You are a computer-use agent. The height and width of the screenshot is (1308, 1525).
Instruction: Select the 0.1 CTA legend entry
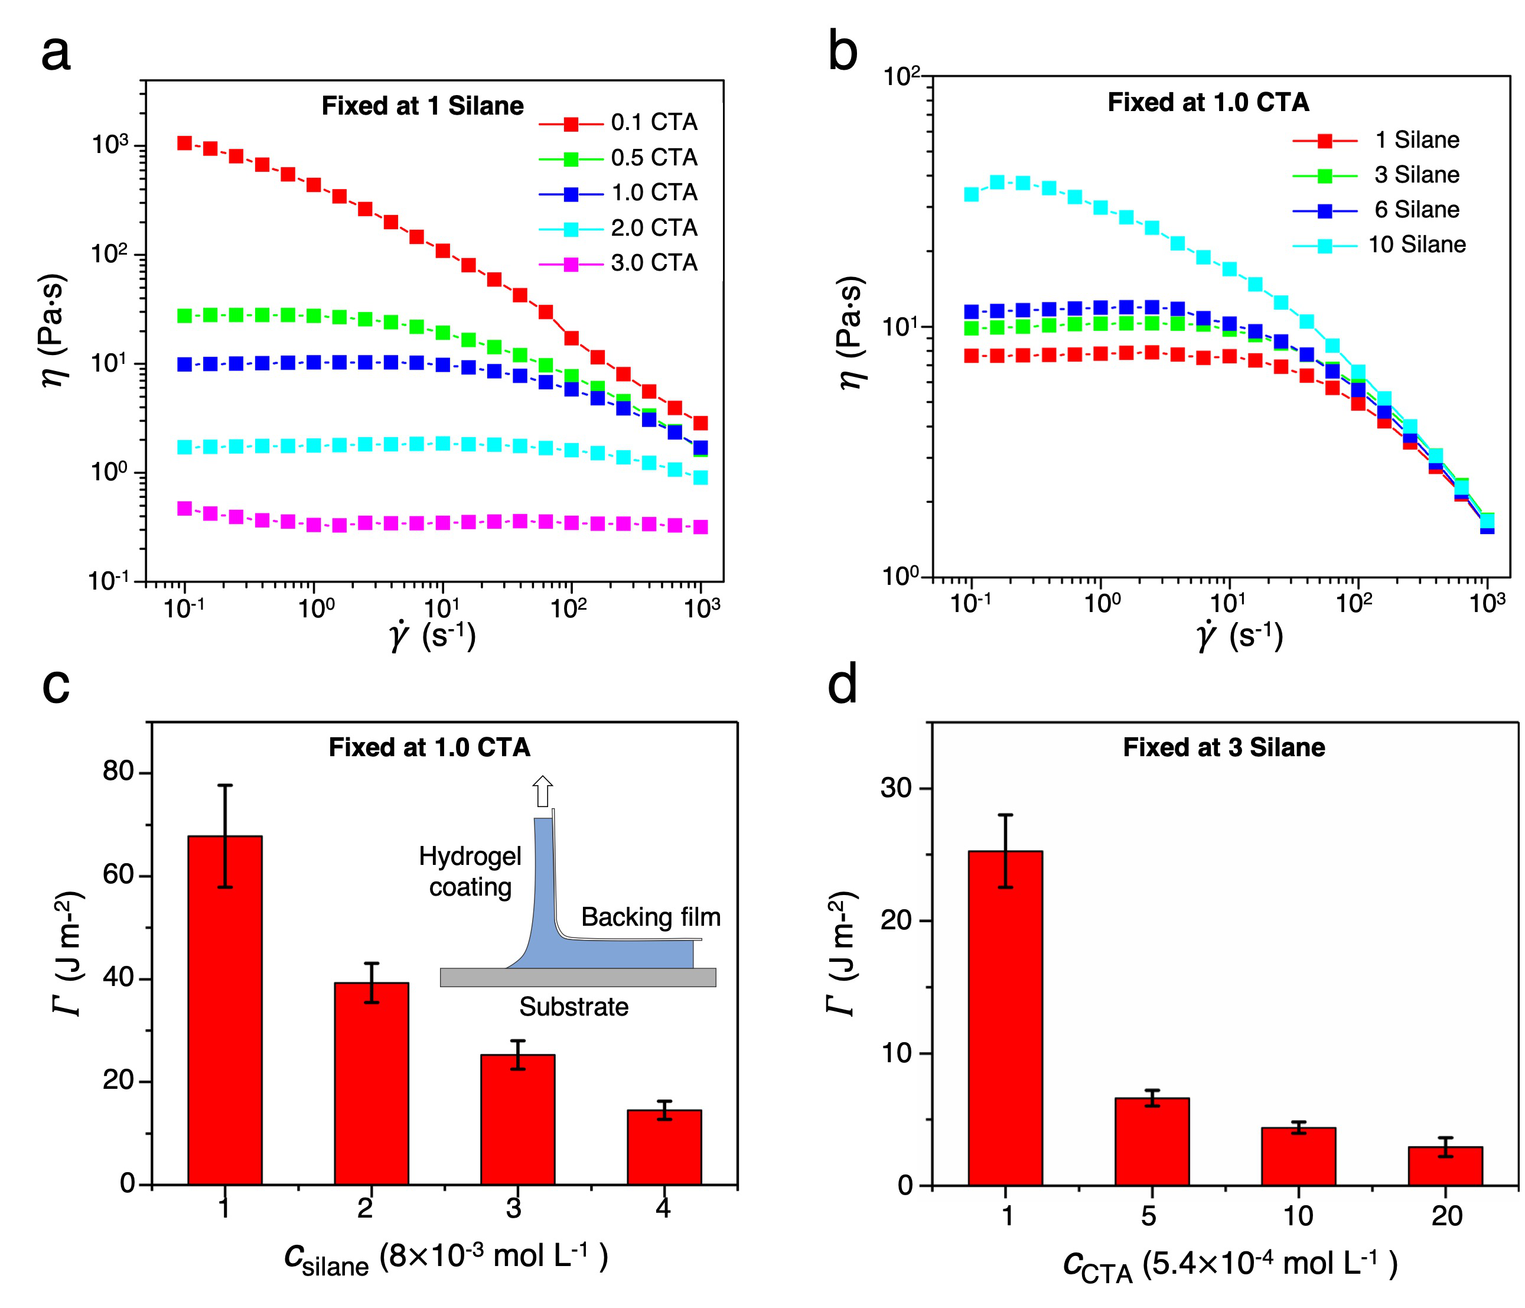pyautogui.click(x=619, y=123)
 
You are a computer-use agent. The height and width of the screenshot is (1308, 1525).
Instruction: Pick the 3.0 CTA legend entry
pyautogui.click(x=619, y=263)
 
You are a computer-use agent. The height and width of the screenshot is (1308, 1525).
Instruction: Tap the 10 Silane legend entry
pyautogui.click(x=1380, y=245)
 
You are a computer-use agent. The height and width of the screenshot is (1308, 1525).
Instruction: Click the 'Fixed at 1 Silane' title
pyautogui.click(x=422, y=106)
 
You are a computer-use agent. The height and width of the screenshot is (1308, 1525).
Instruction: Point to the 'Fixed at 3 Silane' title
pyautogui.click(x=1223, y=748)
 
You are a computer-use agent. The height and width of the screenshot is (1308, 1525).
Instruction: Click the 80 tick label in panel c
pyautogui.click(x=118, y=772)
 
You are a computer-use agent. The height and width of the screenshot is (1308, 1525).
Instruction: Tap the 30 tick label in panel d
pyautogui.click(x=896, y=788)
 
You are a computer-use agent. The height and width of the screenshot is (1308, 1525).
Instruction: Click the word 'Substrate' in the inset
pyautogui.click(x=574, y=1007)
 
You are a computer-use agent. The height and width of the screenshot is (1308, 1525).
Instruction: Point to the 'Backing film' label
pyautogui.click(x=651, y=917)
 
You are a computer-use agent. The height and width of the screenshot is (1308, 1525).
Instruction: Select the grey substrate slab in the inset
pyautogui.click(x=578, y=978)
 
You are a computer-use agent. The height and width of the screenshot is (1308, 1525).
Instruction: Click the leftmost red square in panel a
pyautogui.click(x=185, y=143)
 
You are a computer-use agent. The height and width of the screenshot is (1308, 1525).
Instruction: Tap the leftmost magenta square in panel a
pyautogui.click(x=185, y=509)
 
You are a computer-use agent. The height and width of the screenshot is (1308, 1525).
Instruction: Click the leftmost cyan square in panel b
pyautogui.click(x=972, y=194)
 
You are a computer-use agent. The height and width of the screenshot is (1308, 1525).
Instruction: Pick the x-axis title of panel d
pyautogui.click(x=1229, y=1264)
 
